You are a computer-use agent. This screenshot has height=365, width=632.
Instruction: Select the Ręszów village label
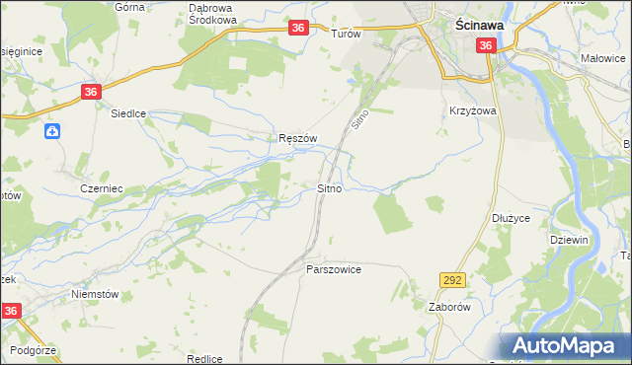pos(297,139)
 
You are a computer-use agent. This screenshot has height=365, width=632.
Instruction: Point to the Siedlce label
pos(127,113)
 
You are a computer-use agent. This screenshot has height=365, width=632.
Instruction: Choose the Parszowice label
pos(334,269)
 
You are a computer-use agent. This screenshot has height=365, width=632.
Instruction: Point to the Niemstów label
pos(96,294)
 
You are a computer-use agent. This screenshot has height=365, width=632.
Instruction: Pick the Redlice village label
pos(203,359)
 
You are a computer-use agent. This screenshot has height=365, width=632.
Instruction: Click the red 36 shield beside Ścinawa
pos(486,46)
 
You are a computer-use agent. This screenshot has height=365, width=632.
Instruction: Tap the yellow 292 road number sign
pos(452,281)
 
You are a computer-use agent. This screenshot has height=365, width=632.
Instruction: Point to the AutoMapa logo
pos(565,346)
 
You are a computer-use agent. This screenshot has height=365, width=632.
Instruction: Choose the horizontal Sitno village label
pos(330,187)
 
